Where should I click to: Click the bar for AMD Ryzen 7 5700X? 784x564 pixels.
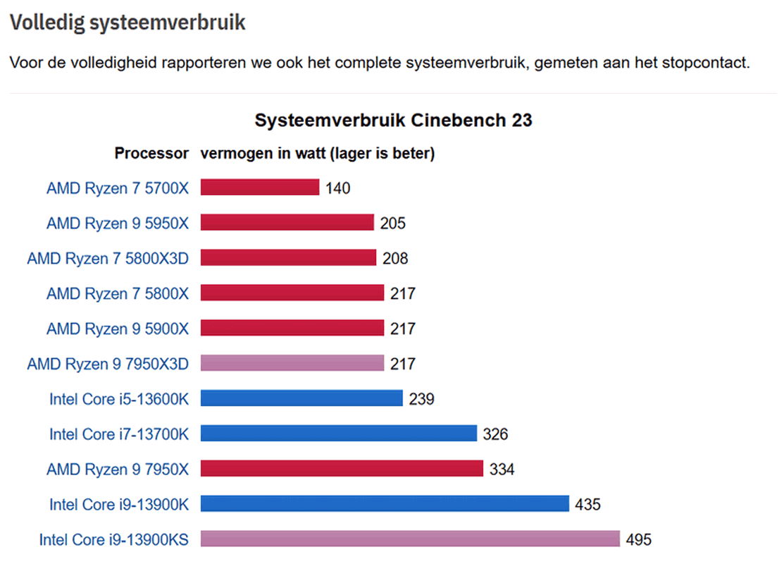click(x=260, y=187)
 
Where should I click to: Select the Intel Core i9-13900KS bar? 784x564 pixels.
click(x=410, y=539)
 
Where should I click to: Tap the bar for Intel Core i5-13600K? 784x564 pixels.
click(x=301, y=398)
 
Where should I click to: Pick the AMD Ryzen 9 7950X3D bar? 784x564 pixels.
click(x=292, y=363)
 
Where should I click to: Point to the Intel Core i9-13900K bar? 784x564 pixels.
click(x=385, y=504)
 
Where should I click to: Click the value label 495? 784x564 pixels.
click(x=639, y=540)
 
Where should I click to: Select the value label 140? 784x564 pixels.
click(x=338, y=188)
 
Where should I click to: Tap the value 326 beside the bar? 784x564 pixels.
click(x=495, y=434)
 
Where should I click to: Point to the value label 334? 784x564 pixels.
click(x=502, y=470)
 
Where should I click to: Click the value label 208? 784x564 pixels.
click(x=395, y=259)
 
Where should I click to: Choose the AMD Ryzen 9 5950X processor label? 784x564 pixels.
click(x=118, y=223)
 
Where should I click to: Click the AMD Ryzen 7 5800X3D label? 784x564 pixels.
click(x=108, y=258)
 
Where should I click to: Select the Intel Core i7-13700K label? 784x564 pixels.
click(x=119, y=434)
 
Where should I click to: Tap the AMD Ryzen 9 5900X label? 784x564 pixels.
click(x=118, y=329)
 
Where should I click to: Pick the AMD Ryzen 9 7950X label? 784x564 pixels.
click(x=118, y=470)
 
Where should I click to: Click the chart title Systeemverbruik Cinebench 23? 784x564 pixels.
click(x=393, y=121)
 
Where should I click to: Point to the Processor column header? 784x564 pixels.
click(x=151, y=153)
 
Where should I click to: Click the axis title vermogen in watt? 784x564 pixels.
click(x=318, y=153)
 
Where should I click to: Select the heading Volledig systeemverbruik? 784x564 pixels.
click(x=127, y=23)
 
